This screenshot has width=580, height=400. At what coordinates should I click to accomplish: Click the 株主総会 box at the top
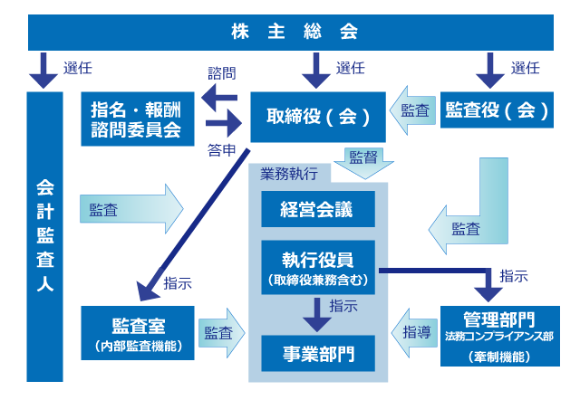pyautogui.click(x=290, y=33)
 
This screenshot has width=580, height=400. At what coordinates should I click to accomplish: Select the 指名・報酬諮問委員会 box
pyautogui.click(x=136, y=119)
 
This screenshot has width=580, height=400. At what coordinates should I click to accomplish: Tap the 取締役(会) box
pyautogui.click(x=317, y=117)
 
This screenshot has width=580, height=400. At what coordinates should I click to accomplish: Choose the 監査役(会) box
pyautogui.click(x=498, y=110)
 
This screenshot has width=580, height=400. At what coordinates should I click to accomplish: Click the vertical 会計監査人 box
pyautogui.click(x=44, y=235)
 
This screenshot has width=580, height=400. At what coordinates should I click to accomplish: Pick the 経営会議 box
pyautogui.click(x=317, y=210)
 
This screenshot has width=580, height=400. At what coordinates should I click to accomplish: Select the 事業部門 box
pyautogui.click(x=317, y=352)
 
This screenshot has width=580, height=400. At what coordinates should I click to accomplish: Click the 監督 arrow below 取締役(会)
pyautogui.click(x=363, y=162)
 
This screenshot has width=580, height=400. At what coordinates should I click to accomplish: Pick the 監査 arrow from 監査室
pyautogui.click(x=222, y=332)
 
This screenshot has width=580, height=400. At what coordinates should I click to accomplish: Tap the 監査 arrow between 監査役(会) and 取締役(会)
pyautogui.click(x=413, y=110)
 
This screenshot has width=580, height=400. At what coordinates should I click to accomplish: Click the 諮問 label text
pyautogui.click(x=220, y=72)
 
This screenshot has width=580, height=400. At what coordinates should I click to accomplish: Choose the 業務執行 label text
pyautogui.click(x=281, y=172)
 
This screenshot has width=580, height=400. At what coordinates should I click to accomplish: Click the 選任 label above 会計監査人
pyautogui.click(x=77, y=68)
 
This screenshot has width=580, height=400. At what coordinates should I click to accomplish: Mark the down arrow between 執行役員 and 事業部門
pyautogui.click(x=316, y=312)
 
